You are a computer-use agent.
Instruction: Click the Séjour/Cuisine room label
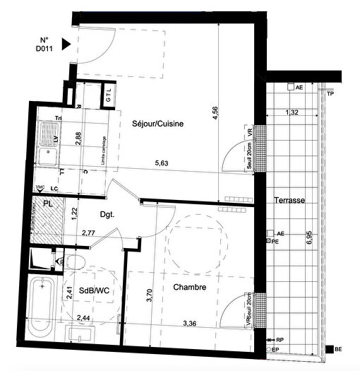(x=157, y=124)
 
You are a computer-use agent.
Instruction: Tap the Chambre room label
(x=189, y=288)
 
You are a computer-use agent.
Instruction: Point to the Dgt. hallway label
(x=107, y=215)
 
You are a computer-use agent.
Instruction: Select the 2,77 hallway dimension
(x=88, y=232)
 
